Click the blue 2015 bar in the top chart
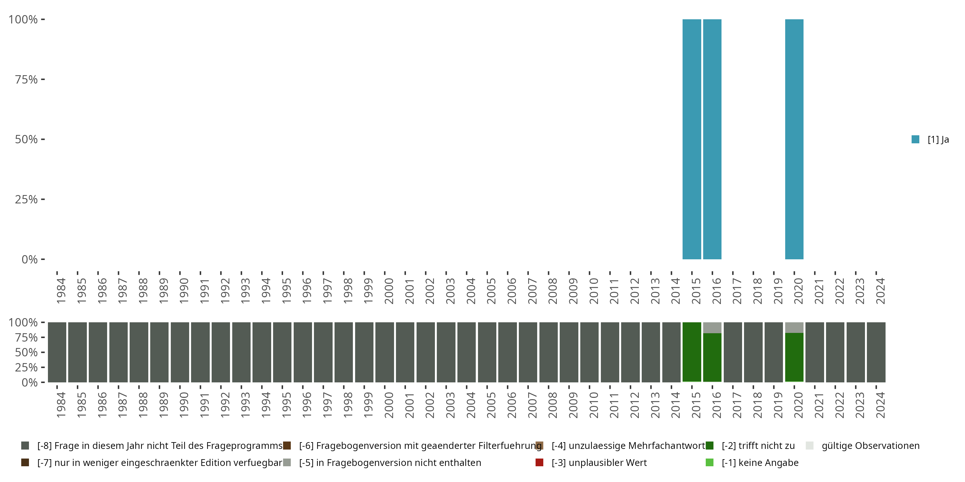692,139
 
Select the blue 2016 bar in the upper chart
712,139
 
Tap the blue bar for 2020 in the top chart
794,139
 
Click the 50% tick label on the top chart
26,139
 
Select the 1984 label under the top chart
61,291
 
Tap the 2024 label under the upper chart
880,291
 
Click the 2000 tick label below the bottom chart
389,405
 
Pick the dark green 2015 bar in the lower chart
692,352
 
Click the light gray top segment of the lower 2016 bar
712,327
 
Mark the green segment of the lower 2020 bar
794,357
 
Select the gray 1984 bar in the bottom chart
57,352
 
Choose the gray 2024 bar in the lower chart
876,352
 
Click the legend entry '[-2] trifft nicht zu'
758,446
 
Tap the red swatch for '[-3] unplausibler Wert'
539,462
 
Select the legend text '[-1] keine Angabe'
760,462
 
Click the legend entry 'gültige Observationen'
870,446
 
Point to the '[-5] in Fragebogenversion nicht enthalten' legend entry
390,462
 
